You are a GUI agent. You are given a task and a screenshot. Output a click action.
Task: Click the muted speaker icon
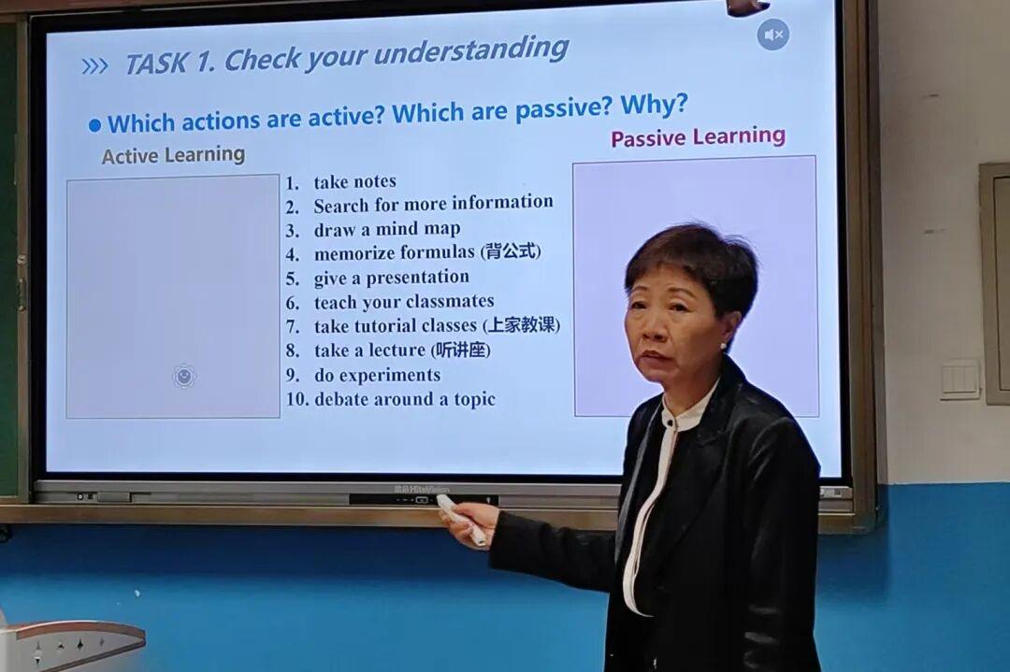coord(773,35)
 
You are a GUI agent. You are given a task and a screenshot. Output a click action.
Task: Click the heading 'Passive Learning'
coord(699,136)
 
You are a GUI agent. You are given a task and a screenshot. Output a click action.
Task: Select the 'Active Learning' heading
coord(173,155)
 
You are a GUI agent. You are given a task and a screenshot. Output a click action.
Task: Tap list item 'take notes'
coord(355,182)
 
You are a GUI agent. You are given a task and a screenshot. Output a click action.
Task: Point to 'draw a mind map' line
coord(387,229)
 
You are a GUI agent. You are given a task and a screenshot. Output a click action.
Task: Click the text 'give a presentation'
coord(392,278)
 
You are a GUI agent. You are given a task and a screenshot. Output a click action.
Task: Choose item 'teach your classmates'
coord(404,301)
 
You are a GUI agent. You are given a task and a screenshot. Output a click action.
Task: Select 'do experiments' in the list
coord(378,375)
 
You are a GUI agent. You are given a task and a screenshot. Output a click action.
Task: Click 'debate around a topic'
coord(405,399)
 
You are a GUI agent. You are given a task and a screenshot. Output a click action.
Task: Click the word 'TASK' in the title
coord(156,64)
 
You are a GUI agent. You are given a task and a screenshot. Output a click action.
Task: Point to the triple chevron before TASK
coord(95,66)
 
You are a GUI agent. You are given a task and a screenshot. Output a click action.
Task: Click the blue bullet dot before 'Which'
coord(95,125)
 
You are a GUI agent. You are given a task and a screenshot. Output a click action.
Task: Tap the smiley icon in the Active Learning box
coord(184,376)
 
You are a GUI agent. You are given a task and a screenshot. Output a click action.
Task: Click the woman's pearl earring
coord(723,347)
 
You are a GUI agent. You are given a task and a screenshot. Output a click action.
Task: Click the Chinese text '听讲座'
coord(460,350)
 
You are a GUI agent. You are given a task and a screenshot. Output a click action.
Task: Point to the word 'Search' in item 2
coord(341,206)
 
